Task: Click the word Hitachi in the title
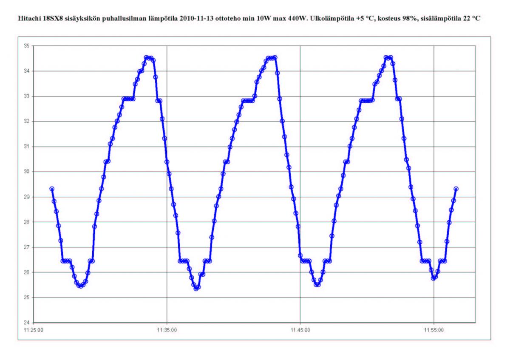pyautogui.click(x=25, y=20)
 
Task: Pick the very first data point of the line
pyautogui.click(x=52, y=189)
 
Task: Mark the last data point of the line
pyautogui.click(x=456, y=189)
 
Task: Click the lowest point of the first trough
pyautogui.click(x=80, y=286)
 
